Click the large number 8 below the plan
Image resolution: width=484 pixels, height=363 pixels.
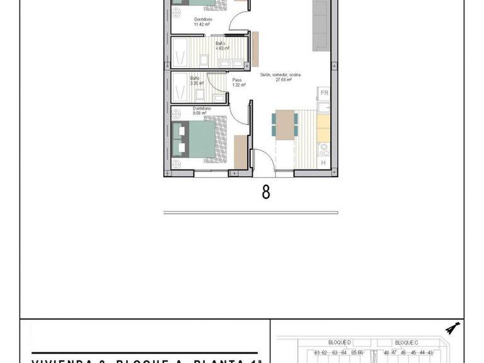(x=266, y=192)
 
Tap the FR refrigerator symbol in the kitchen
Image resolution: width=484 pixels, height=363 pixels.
(x=324, y=93)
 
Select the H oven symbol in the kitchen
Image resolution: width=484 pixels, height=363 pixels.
(x=323, y=163)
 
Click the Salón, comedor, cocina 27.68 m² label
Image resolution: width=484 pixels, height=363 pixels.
(x=280, y=77)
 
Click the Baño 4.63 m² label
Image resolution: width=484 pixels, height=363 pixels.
(x=222, y=46)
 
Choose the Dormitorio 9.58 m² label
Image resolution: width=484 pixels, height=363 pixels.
(x=202, y=111)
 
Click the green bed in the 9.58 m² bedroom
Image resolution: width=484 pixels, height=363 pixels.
(x=195, y=139)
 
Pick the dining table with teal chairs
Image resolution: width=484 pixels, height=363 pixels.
(x=285, y=124)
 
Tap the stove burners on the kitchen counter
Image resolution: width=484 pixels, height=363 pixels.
(x=324, y=149)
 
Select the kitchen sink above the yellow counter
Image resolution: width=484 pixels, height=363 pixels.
(x=323, y=107)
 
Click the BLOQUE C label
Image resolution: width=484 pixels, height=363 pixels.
(x=406, y=342)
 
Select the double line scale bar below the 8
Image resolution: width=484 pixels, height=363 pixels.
(x=250, y=213)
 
